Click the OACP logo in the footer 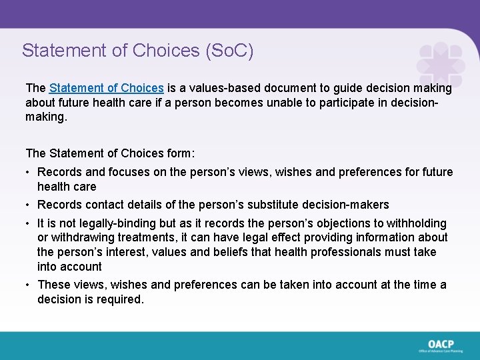coord(441,345)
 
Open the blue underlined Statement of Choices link coord(107,88)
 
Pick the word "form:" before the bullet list coord(179,153)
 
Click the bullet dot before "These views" coord(29,285)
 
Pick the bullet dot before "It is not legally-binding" coord(29,224)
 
